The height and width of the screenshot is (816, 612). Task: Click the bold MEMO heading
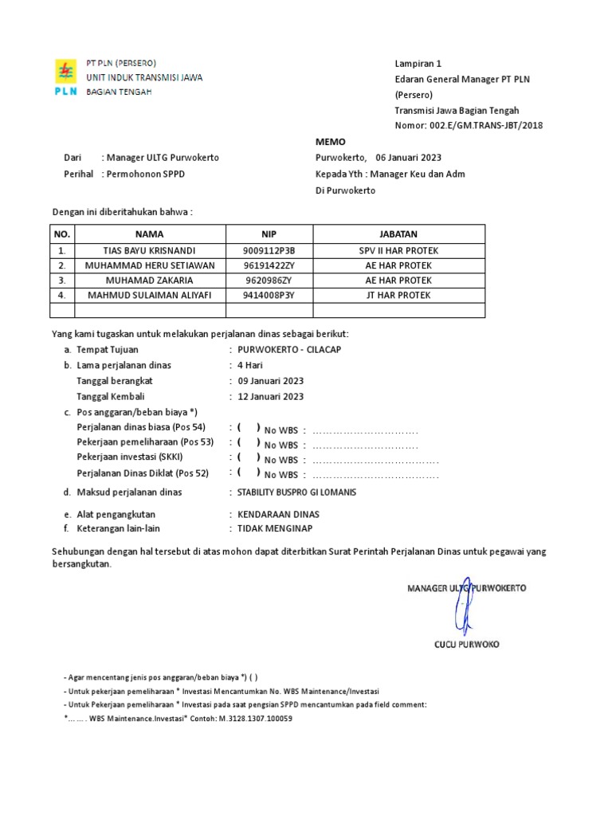331,142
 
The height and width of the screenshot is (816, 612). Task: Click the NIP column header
269,234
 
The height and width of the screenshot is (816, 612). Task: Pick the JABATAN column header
398,234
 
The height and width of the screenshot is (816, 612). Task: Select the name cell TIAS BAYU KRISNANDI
149,250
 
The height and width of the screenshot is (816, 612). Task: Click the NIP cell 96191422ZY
269,265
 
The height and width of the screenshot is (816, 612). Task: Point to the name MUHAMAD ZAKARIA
149,280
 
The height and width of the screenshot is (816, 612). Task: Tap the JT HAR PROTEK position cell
398,296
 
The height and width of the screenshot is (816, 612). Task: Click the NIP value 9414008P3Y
269,296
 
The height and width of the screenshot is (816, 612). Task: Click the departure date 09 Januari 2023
270,381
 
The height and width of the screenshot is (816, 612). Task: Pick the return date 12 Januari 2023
270,397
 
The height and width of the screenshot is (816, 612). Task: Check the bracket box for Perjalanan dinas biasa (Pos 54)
248,428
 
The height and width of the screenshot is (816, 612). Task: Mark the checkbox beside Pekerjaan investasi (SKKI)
248,458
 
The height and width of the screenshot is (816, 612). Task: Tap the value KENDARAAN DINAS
273,515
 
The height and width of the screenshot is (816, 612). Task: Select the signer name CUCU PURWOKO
466,644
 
